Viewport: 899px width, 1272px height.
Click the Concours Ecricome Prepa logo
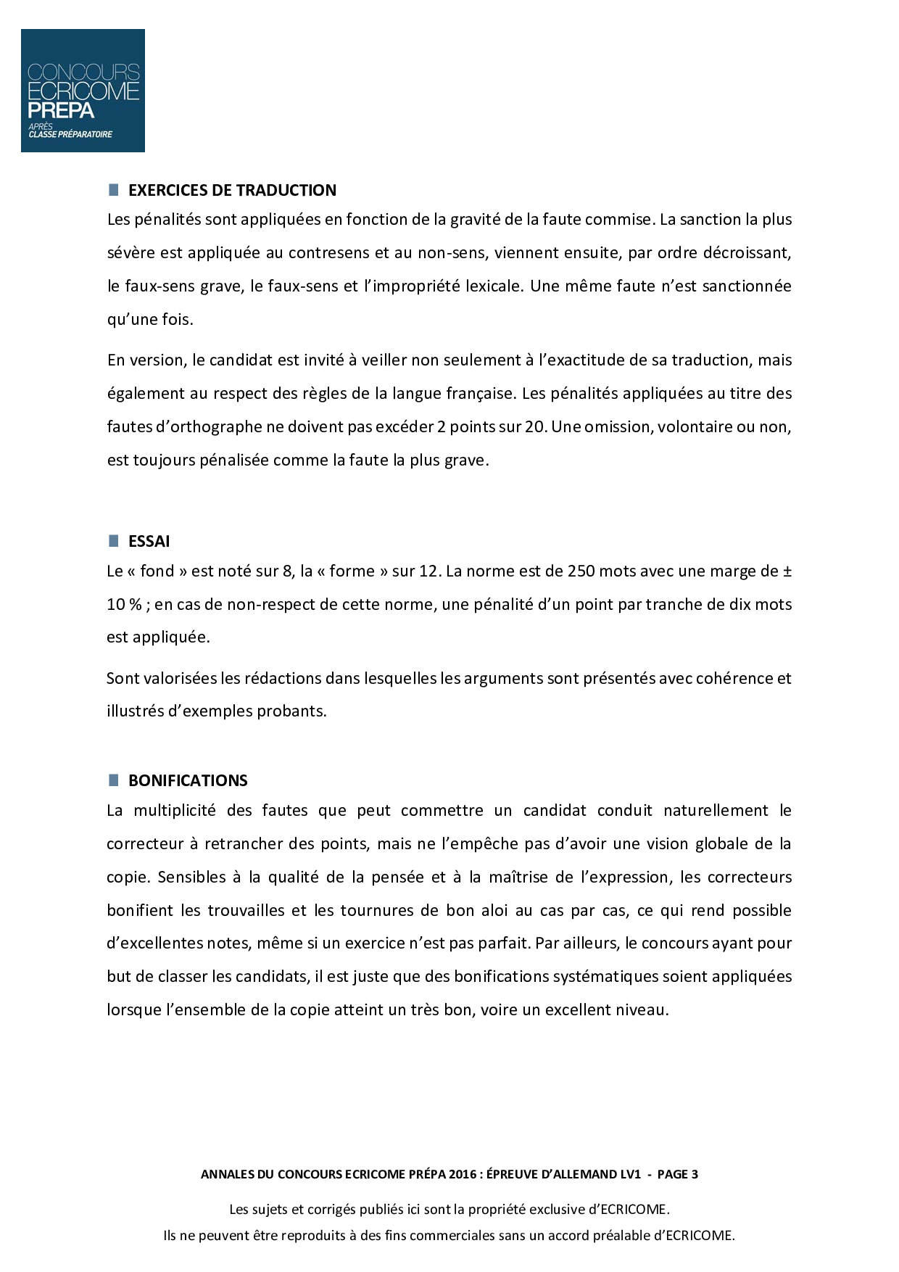coord(83,91)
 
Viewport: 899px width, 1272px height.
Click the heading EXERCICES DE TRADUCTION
coord(232,190)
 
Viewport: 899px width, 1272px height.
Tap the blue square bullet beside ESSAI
coord(113,540)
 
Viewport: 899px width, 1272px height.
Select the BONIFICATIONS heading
coord(188,780)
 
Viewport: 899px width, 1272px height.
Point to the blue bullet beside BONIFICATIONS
coord(113,780)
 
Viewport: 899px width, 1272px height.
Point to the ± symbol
coord(787,571)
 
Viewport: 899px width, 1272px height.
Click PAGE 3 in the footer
coord(677,1174)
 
